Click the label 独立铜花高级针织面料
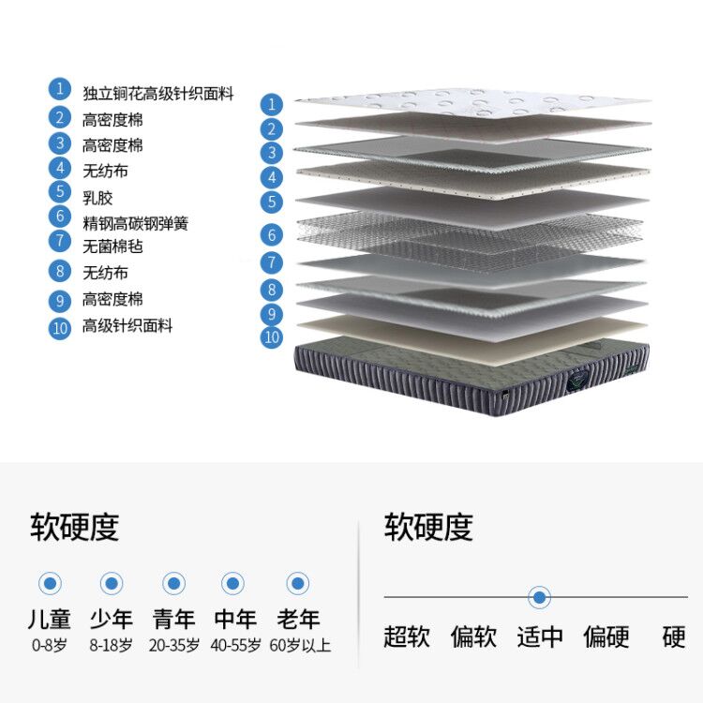click(x=157, y=95)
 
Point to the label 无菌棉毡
click(x=112, y=247)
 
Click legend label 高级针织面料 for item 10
click(x=127, y=325)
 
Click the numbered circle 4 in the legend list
click(x=60, y=169)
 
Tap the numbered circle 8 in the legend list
click(x=60, y=272)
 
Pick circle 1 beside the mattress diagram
click(x=272, y=104)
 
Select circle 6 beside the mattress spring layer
click(x=272, y=235)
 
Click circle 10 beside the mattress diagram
click(x=272, y=337)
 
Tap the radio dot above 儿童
click(x=50, y=584)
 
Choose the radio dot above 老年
click(x=297, y=584)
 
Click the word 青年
click(x=173, y=620)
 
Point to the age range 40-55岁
click(x=235, y=646)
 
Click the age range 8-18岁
click(x=112, y=646)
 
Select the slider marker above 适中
click(x=539, y=597)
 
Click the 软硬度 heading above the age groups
click(x=75, y=527)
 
